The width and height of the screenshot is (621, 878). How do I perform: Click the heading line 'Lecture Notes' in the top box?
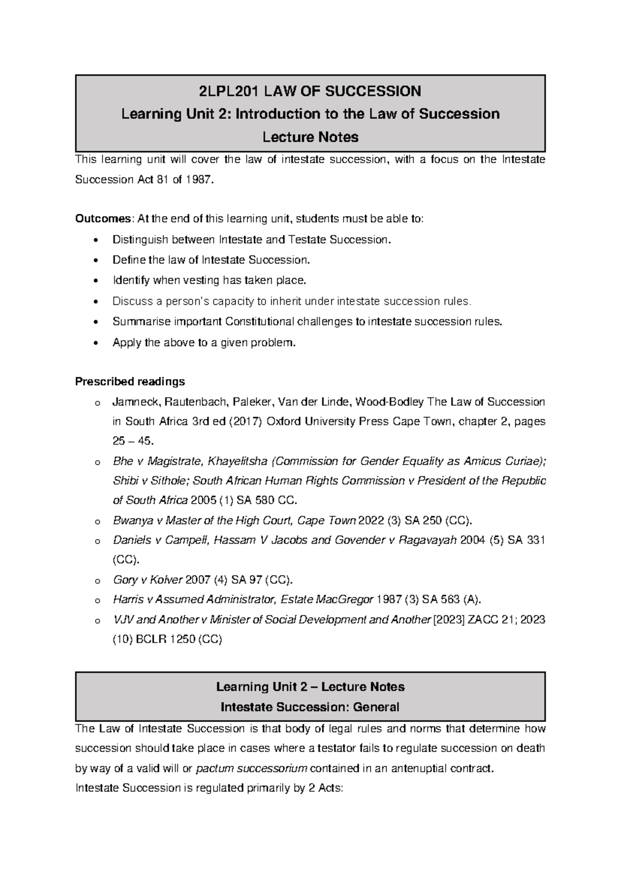click(x=310, y=137)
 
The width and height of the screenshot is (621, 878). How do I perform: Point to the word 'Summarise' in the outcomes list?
click(x=135, y=321)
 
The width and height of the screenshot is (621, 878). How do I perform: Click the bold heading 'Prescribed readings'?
click(x=130, y=382)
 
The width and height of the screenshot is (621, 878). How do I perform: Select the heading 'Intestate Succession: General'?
click(x=310, y=707)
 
